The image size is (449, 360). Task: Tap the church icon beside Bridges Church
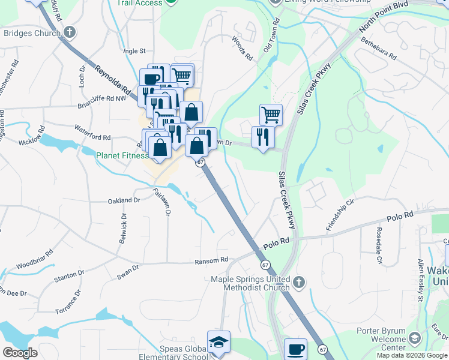(x=70, y=32)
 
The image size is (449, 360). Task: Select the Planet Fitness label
(x=122, y=155)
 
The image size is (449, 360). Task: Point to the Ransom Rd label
(x=211, y=260)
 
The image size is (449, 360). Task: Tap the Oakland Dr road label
(x=124, y=200)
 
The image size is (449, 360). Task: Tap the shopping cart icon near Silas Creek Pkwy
(x=271, y=113)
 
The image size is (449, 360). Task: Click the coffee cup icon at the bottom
(x=294, y=349)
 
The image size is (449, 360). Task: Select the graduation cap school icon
(x=218, y=342)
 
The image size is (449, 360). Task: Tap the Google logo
(x=20, y=353)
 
